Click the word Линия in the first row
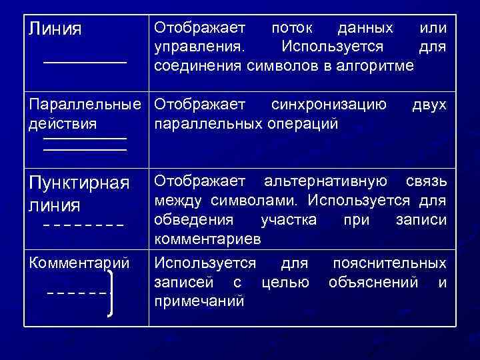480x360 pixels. tap(55, 29)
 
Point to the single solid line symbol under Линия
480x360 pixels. tap(85, 62)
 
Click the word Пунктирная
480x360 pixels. tap(79, 183)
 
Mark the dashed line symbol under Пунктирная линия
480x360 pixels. tap(83, 225)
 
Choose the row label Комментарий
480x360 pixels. tap(79, 262)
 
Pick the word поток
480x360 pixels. tap(295, 29)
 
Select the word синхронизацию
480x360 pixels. tap(329, 105)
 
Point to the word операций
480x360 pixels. tap(303, 124)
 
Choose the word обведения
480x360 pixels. tap(194, 219)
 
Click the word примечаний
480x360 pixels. tap(199, 301)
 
